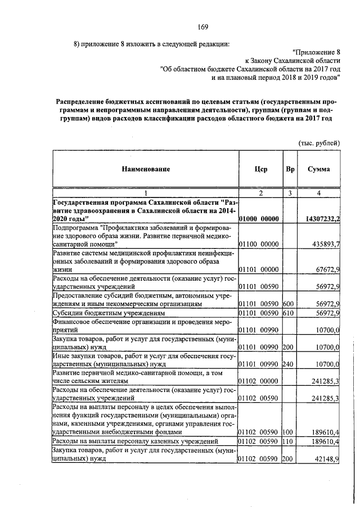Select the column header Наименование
point(144,169)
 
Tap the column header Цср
point(260,169)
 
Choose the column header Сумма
point(318,169)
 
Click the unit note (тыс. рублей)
point(319,142)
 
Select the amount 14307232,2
point(318,218)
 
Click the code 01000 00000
point(259,218)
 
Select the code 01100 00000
point(259,244)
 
